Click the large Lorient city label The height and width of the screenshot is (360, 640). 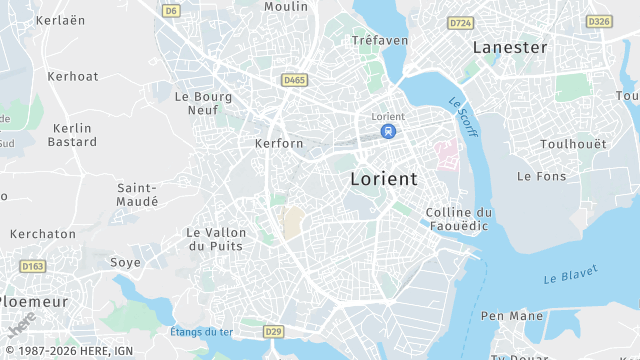384,179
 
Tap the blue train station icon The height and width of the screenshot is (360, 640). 387,131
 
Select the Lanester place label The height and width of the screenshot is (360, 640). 510,47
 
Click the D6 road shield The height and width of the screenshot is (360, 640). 171,11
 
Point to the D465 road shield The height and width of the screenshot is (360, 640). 294,80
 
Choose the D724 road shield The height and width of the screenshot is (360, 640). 461,22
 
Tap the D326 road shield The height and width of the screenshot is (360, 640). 599,21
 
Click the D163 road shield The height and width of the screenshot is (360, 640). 33,266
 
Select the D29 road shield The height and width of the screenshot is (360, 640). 274,331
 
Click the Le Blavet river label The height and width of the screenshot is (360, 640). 570,274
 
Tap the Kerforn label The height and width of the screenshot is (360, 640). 279,143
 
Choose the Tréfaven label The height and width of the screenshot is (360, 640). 380,40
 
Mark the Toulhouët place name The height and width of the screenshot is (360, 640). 573,144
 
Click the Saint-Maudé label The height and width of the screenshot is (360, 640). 138,194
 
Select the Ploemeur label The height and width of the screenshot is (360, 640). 36,301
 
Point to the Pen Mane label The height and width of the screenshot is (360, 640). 512,316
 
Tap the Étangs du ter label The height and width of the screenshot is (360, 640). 201,332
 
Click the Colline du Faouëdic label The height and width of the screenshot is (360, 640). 459,220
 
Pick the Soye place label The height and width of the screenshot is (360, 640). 125,262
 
